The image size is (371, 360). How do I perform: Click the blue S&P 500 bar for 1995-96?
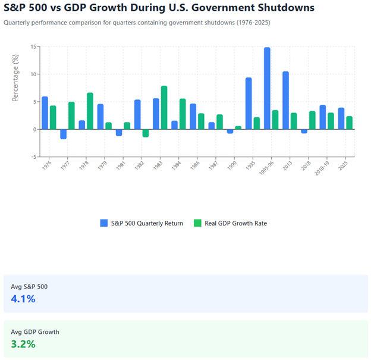267,88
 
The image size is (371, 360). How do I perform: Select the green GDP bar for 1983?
164,108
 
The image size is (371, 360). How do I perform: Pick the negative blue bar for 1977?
64,134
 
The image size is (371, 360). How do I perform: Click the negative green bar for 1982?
146,133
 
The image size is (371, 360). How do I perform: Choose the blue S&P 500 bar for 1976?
45,112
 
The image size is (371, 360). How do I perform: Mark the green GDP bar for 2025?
350,123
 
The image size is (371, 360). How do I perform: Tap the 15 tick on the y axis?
34,46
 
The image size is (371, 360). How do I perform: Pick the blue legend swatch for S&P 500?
105,223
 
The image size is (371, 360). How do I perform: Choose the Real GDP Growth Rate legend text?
236,223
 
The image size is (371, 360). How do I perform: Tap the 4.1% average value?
23,299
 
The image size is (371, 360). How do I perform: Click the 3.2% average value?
23,344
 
